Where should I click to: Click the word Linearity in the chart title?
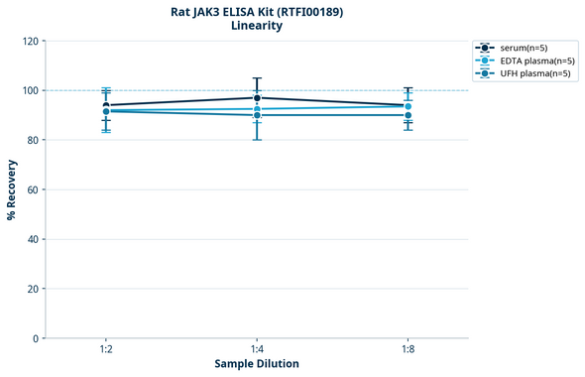[256, 26]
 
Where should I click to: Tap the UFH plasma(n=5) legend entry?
[530, 73]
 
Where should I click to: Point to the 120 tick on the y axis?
[29, 41]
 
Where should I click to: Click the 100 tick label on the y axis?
[29, 90]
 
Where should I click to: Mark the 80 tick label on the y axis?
[32, 140]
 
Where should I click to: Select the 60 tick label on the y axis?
[32, 189]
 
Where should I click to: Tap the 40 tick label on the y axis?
[32, 239]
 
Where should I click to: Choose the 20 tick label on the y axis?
[32, 289]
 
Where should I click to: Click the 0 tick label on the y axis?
[35, 338]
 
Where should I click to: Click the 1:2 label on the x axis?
[106, 350]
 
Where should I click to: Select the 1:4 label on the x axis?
[257, 350]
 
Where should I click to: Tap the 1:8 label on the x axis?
[408, 350]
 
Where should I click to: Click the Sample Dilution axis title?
[257, 364]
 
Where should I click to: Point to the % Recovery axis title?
[12, 189]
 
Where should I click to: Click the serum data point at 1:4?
[257, 97]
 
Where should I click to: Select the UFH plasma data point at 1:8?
[408, 115]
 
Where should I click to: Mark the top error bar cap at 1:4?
[257, 78]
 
